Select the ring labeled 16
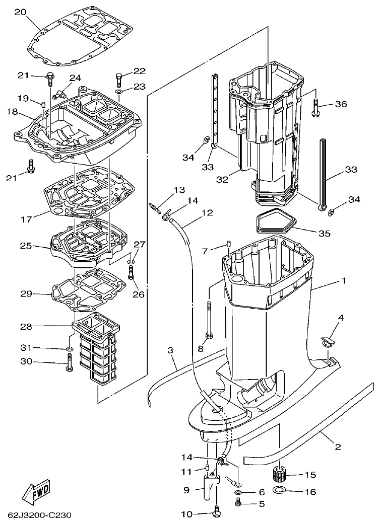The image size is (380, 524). (x=280, y=490)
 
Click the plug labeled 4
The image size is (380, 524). (x=325, y=341)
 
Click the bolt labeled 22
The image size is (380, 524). (x=119, y=79)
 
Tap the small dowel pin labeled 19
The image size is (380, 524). (x=43, y=105)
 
